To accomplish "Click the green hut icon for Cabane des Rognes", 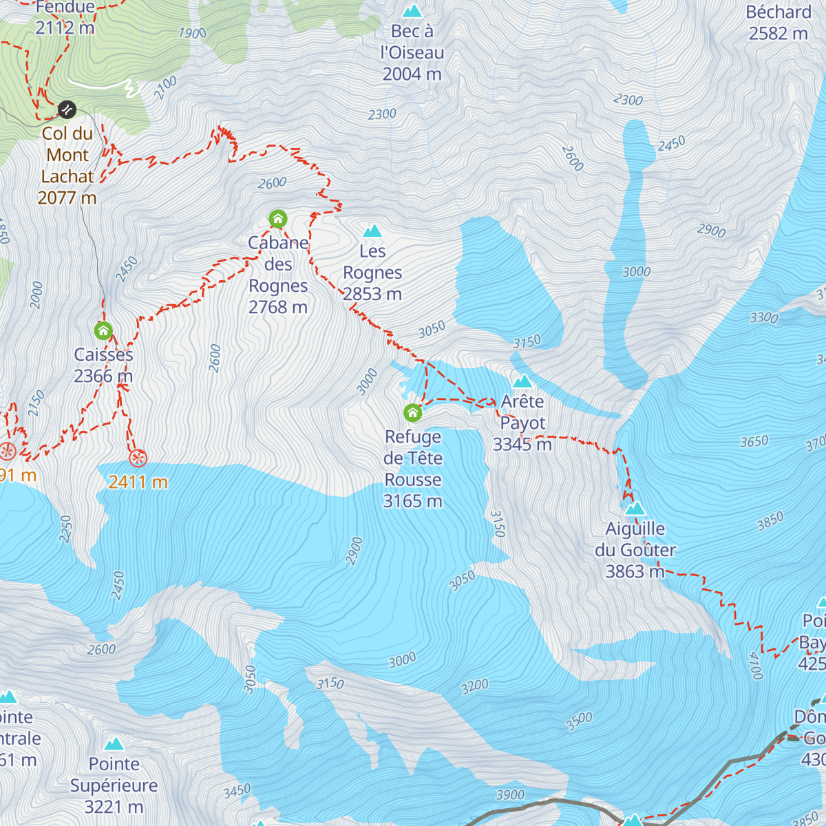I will tap(277, 220).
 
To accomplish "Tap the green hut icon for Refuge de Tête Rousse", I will tap(412, 412).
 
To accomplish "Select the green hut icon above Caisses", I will tap(103, 331).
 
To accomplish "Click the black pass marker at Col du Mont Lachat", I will tap(67, 109).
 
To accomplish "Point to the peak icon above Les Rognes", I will tap(372, 230).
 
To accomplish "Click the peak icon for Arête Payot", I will tap(522, 381).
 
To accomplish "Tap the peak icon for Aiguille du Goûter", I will tap(635, 509).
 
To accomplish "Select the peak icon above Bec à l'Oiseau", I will tap(412, 11).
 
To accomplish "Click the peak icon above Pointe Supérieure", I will tap(114, 744).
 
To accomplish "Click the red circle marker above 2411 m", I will tap(138, 458).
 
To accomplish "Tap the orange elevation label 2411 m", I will tap(138, 482).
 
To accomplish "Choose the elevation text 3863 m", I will tap(635, 571).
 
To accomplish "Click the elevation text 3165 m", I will tap(412, 501).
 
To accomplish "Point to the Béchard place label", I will tap(779, 12).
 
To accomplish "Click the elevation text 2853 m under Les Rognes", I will tap(372, 294).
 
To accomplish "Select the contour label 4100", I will tap(755, 666).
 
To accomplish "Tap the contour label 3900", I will tap(510, 795).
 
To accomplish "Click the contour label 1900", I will tap(192, 33).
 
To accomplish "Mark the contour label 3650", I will tap(754, 441).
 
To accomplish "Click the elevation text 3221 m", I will tap(114, 807).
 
